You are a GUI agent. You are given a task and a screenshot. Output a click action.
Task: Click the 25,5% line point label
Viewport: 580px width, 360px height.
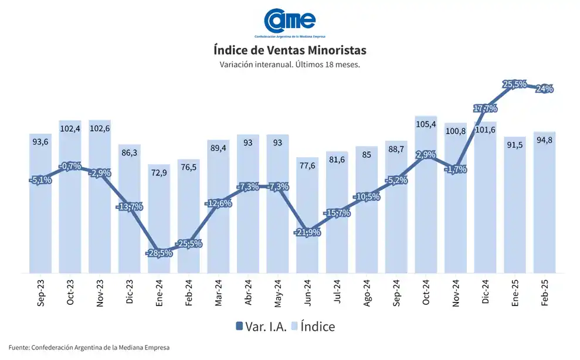[x=514, y=84]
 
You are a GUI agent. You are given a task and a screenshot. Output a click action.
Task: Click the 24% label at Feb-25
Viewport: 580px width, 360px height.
[x=544, y=89]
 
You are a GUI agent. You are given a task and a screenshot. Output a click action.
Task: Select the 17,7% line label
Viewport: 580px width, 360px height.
[x=485, y=108]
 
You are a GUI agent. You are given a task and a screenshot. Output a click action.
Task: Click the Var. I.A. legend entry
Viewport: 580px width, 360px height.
[x=262, y=327]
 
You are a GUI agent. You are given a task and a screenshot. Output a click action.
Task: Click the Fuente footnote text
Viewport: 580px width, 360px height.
[x=89, y=348]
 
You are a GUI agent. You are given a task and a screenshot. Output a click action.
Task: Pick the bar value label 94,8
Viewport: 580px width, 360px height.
[x=544, y=140]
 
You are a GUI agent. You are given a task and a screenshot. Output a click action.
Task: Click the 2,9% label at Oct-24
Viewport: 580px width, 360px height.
[x=426, y=154]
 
